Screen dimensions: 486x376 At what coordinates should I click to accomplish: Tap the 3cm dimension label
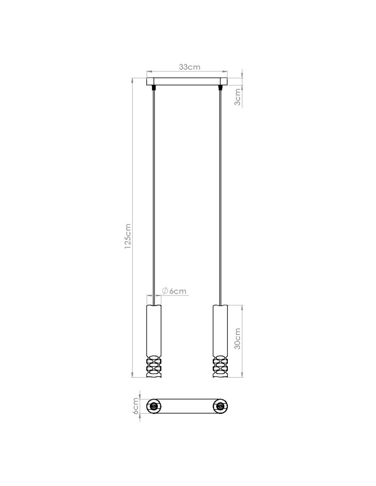pyautogui.click(x=238, y=97)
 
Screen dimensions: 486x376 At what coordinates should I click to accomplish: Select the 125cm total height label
pyautogui.click(x=128, y=236)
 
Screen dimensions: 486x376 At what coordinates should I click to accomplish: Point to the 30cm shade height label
pyautogui.click(x=238, y=339)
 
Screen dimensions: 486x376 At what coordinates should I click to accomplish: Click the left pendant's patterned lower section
pyautogui.click(x=154, y=366)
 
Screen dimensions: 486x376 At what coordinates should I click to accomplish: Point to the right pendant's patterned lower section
pyautogui.click(x=220, y=366)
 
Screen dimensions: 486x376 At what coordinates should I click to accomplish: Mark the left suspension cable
pyautogui.click(x=154, y=194)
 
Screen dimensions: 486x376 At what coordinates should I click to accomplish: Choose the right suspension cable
pyautogui.click(x=221, y=194)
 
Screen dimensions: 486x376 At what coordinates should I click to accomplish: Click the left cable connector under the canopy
pyautogui.click(x=154, y=88)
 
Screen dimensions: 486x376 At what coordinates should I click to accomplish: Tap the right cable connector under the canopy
pyautogui.click(x=221, y=88)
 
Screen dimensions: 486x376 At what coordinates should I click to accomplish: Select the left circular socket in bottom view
pyautogui.click(x=154, y=406)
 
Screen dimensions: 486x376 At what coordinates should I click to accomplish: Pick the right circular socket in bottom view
pyautogui.click(x=220, y=406)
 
